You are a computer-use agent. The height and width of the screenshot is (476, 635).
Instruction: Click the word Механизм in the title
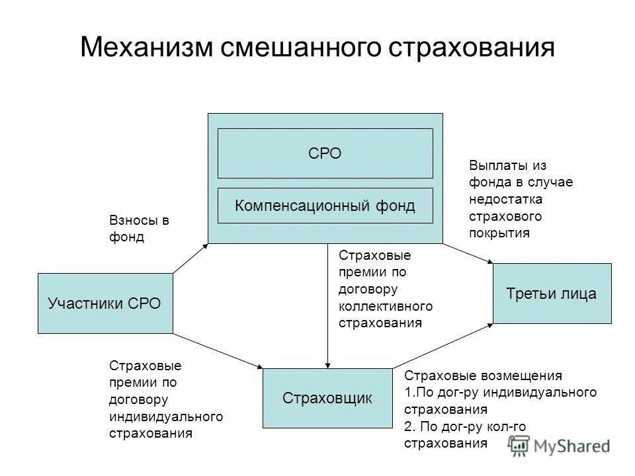tap(145, 49)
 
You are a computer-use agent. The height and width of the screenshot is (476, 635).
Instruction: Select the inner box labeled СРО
tap(325, 153)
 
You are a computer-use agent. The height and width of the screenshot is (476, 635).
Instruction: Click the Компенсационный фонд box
tap(325, 206)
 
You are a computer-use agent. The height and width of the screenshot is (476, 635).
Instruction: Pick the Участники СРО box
tap(105, 303)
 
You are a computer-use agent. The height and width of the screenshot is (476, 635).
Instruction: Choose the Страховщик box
tap(327, 398)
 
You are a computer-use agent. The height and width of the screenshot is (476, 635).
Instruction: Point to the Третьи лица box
tap(552, 294)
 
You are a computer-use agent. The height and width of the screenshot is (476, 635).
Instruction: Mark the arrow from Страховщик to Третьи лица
tap(443, 344)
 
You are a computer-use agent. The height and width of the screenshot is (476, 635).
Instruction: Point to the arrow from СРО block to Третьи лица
tap(468, 255)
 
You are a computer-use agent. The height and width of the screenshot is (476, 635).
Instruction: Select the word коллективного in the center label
tap(385, 306)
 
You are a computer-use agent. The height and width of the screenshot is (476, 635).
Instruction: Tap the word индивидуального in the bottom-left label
tap(165, 416)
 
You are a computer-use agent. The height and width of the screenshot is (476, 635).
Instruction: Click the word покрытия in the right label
tap(499, 233)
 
